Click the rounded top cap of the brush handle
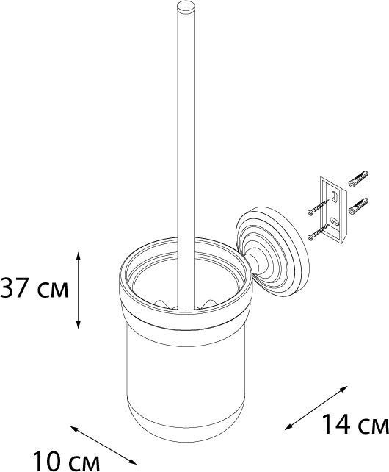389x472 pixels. coord(186,7)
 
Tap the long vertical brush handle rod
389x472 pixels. coord(186,157)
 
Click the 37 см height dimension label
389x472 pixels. coord(34,288)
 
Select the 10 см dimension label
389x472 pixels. coord(66,462)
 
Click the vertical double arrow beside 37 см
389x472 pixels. coord(78,290)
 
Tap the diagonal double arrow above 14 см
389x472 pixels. coord(316,408)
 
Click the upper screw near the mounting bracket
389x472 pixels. coord(319,208)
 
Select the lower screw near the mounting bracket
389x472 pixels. coord(318,232)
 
